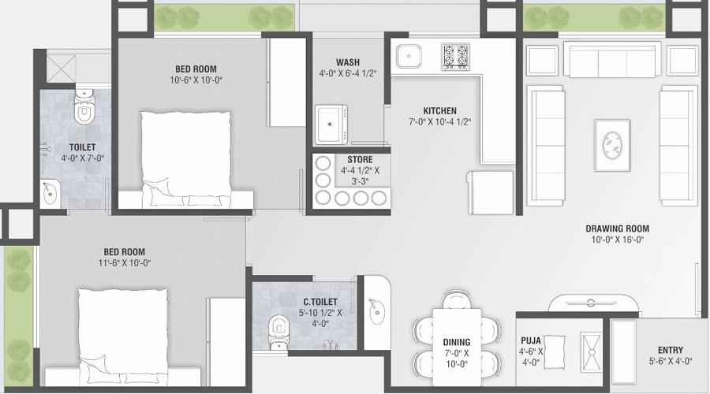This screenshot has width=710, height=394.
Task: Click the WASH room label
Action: [348, 62]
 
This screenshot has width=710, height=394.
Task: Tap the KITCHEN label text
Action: [439, 111]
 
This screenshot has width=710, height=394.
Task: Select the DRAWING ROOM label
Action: [617, 229]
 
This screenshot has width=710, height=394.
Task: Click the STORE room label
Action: [360, 160]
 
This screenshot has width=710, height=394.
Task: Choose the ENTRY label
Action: [670, 350]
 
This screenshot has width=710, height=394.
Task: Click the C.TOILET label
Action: [320, 302]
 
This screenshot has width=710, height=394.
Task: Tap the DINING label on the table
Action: [456, 342]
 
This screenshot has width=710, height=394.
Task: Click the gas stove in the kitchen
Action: [455, 57]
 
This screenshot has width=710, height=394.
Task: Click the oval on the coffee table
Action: [611, 145]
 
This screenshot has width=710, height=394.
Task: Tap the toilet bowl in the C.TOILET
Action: [278, 325]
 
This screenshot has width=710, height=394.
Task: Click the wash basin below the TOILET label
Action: [50, 193]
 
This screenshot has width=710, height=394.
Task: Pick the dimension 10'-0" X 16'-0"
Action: [617, 240]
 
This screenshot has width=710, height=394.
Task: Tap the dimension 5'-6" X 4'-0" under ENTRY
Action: [670, 361]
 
